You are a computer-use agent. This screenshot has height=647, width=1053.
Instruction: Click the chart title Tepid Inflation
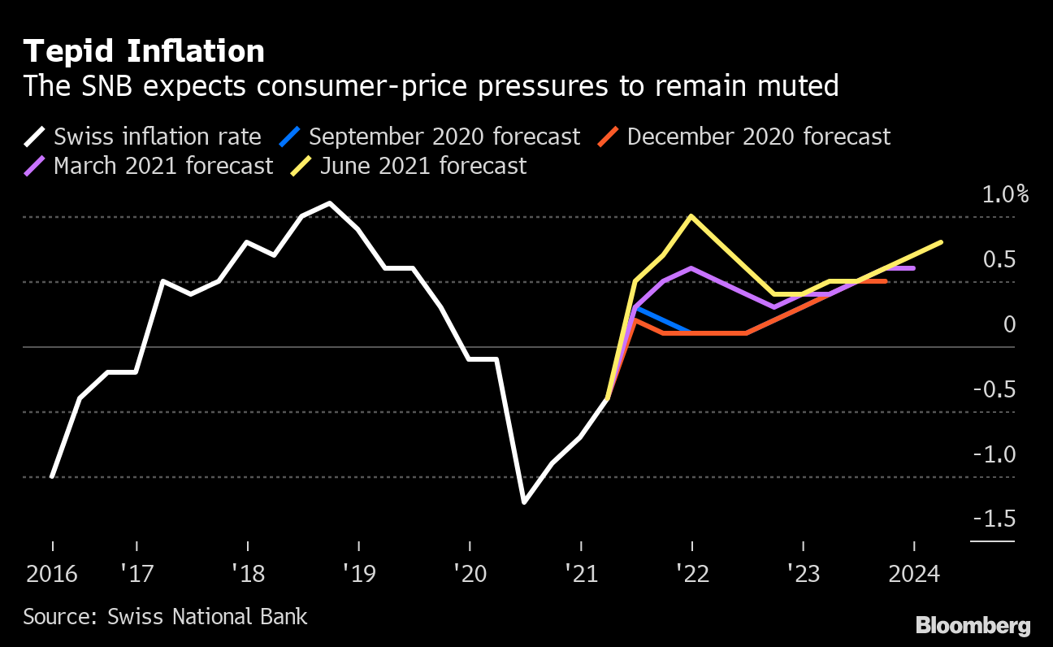[x=144, y=51]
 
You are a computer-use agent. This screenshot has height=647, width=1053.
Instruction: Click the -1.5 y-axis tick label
[x=993, y=519]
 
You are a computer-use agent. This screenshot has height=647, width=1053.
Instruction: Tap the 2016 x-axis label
[x=52, y=574]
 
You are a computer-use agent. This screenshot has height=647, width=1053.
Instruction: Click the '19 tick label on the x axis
[x=358, y=574]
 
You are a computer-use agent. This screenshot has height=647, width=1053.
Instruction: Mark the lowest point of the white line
[x=524, y=502]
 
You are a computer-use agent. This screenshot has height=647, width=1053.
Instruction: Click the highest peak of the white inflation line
[x=330, y=203]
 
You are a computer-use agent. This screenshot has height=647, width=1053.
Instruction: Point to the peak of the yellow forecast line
[x=691, y=216]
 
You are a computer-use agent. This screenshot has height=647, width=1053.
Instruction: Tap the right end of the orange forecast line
[x=885, y=281]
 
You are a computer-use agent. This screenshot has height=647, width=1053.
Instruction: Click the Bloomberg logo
[x=973, y=625]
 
